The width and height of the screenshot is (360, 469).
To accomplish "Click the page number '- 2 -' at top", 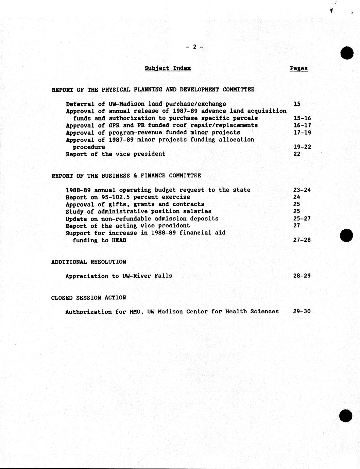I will pyautogui.click(x=194, y=47).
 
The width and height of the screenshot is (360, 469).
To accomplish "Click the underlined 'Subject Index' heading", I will pyautogui.click(x=168, y=68).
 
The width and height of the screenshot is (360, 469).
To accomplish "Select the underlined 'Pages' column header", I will pyautogui.click(x=299, y=68).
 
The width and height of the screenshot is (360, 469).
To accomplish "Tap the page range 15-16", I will pyautogui.click(x=302, y=118).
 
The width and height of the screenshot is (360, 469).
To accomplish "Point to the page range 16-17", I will pyautogui.click(x=302, y=125).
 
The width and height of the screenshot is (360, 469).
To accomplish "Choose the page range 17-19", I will pyautogui.click(x=302, y=133).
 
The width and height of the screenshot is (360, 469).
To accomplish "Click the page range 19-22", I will pyautogui.click(x=302, y=147).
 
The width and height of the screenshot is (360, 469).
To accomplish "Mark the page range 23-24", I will pyautogui.click(x=302, y=190).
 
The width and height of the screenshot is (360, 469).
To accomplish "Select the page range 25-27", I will pyautogui.click(x=302, y=219).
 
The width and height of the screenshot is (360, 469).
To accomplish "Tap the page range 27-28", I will pyautogui.click(x=302, y=240).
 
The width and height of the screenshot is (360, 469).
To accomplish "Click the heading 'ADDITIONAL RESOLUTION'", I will pyautogui.click(x=88, y=262).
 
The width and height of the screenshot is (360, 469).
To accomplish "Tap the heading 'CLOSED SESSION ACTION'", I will pyautogui.click(x=88, y=298).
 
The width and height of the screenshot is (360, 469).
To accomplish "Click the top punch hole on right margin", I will pyautogui.click(x=347, y=53).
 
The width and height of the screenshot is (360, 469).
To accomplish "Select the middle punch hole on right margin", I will pyautogui.click(x=346, y=235).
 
